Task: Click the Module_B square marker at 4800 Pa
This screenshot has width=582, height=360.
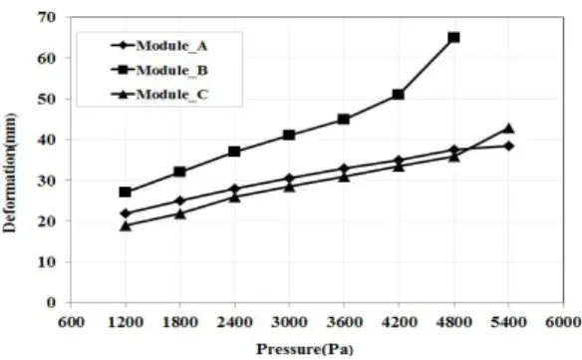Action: click(x=453, y=37)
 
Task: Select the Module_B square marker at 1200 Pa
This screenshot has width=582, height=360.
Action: click(x=126, y=192)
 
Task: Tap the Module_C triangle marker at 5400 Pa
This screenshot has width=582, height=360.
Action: click(x=508, y=129)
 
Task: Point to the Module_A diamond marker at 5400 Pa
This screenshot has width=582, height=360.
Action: click(x=508, y=146)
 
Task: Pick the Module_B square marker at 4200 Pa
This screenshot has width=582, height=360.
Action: click(x=399, y=95)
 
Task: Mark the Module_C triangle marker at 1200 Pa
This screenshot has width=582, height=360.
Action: click(x=126, y=225)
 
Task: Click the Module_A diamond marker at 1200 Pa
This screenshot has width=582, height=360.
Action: click(x=126, y=213)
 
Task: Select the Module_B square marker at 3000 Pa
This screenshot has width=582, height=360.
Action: click(x=289, y=135)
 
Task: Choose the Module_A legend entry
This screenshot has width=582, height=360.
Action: click(x=159, y=46)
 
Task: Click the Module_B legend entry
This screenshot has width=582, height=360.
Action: click(x=159, y=70)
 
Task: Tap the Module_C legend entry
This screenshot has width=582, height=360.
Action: click(x=159, y=95)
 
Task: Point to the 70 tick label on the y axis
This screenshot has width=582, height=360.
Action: click(x=47, y=17)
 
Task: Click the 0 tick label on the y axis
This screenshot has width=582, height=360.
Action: click(x=51, y=303)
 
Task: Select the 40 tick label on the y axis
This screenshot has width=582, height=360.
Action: click(x=47, y=140)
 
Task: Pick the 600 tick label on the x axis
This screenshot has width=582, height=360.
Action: click(x=71, y=322)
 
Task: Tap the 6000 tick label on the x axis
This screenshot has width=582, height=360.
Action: click(x=563, y=322)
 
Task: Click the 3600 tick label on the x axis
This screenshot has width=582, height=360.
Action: click(x=344, y=322)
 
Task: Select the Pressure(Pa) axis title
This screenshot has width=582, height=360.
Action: click(x=305, y=349)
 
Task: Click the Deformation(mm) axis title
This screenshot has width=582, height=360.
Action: click(x=10, y=173)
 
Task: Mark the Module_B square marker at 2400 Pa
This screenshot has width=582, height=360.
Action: click(x=234, y=152)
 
